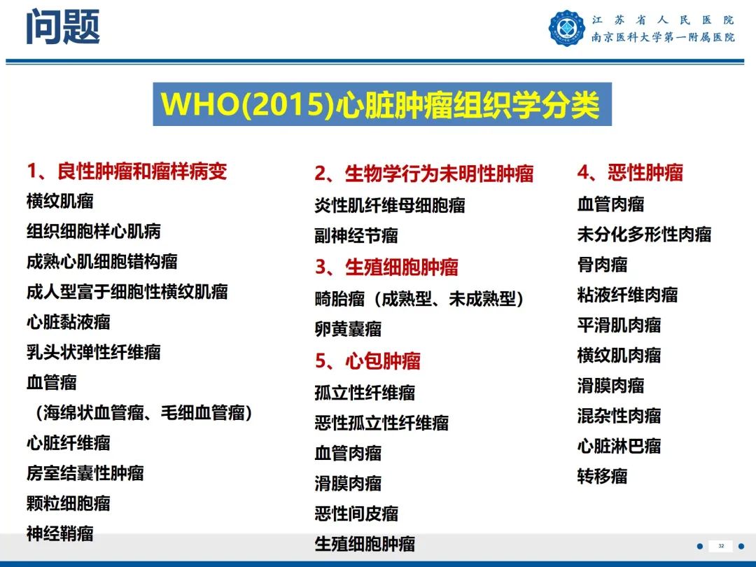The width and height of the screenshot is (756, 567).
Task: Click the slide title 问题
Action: (x=63, y=28)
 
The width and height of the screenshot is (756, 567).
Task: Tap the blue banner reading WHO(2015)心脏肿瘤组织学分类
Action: (x=381, y=105)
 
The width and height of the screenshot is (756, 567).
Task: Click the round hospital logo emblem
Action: (x=567, y=29)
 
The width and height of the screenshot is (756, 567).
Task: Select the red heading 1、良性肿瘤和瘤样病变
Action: (x=127, y=171)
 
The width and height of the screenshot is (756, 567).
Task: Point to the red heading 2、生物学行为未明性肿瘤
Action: (x=424, y=174)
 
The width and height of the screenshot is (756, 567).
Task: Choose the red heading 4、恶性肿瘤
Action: (x=630, y=173)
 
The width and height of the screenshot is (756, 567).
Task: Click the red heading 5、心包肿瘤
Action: (x=367, y=361)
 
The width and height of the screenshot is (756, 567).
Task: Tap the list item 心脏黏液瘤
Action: (x=69, y=322)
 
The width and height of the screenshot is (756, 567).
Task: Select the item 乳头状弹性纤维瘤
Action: (x=94, y=352)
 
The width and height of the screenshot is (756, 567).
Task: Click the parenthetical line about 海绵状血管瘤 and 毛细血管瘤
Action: (x=143, y=413)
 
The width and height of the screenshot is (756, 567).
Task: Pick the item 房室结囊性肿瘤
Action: (x=85, y=473)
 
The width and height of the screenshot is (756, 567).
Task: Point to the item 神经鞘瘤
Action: (x=60, y=533)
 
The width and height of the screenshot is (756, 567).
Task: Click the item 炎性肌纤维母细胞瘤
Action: (x=390, y=205)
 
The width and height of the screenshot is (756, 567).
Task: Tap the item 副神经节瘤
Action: (x=356, y=236)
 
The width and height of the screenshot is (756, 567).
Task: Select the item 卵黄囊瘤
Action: (x=348, y=329)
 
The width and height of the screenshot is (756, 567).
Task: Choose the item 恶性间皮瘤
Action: (x=356, y=514)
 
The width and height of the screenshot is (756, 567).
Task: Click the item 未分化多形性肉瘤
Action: (x=644, y=234)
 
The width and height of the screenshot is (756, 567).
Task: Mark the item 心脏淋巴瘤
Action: (x=619, y=446)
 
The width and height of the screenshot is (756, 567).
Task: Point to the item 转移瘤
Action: (x=602, y=477)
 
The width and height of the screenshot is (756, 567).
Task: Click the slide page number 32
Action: (x=721, y=546)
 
